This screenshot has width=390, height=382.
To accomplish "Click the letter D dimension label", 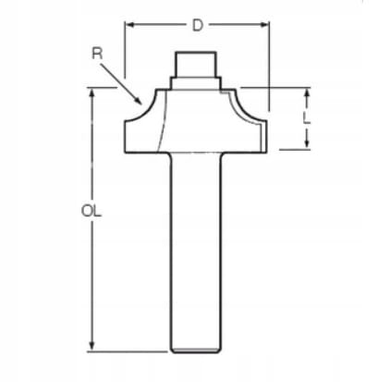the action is coord(198,25).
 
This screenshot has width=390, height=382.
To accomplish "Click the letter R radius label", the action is coord(97,54).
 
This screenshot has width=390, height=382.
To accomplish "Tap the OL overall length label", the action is coord(91,211).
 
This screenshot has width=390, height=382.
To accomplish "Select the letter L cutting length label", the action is coord(307,118).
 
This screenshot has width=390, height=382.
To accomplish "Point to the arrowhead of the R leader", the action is coord(138,101).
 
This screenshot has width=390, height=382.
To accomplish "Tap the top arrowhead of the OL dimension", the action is coord(91,93).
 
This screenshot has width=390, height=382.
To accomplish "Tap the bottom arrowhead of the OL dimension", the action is coord(91,345).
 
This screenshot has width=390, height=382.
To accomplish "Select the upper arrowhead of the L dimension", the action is coord(307,93).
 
